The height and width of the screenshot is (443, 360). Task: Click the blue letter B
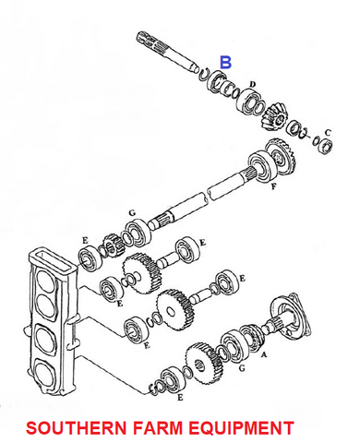(225, 63)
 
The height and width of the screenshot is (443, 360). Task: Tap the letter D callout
(252, 84)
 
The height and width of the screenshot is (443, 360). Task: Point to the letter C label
(328, 133)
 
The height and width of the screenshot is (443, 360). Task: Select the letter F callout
(273, 186)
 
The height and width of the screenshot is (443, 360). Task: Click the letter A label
(263, 355)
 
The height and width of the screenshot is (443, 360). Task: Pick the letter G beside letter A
(242, 367)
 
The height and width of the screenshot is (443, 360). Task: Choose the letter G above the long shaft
(132, 213)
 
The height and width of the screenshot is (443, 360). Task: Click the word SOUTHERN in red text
(76, 428)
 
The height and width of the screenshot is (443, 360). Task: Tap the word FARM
(158, 428)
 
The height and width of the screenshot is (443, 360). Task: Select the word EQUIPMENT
(241, 428)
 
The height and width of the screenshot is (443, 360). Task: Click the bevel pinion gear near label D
(274, 118)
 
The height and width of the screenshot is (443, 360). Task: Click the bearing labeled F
(261, 168)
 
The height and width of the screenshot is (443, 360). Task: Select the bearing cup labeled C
(326, 146)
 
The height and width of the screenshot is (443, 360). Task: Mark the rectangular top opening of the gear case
(51, 258)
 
